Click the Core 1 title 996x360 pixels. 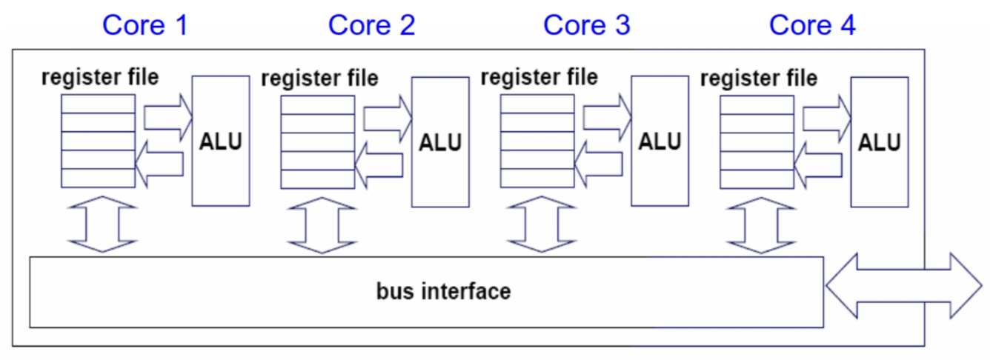click(x=145, y=25)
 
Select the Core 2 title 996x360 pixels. click(x=371, y=25)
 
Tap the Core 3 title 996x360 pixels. click(x=586, y=25)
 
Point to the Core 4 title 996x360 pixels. click(x=812, y=25)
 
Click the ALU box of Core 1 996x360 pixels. click(x=220, y=141)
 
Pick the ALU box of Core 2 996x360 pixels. click(x=440, y=141)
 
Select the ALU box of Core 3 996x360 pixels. click(x=660, y=141)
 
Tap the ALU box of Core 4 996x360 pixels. click(x=879, y=141)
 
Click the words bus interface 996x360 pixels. click(x=443, y=291)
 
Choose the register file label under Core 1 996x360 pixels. click(x=100, y=76)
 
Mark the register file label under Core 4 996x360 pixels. click(x=759, y=77)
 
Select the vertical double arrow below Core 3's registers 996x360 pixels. click(x=539, y=224)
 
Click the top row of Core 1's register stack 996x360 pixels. click(x=98, y=103)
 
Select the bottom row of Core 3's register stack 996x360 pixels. click(x=537, y=179)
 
